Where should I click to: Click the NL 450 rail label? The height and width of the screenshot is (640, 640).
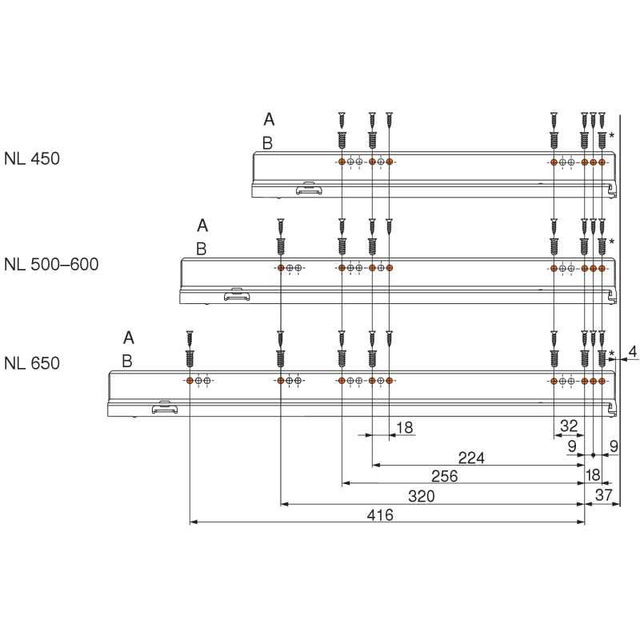point(32,158)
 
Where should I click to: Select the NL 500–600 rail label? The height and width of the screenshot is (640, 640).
point(51,264)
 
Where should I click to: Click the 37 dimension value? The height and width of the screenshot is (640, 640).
point(604,497)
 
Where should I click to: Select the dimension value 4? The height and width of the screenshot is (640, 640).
point(632,350)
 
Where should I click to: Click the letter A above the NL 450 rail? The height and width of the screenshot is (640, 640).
point(269,119)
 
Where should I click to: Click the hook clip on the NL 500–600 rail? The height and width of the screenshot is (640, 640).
point(236,295)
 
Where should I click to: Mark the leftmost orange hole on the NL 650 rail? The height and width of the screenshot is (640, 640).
point(190,381)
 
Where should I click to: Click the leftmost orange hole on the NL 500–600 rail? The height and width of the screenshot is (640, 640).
point(281,268)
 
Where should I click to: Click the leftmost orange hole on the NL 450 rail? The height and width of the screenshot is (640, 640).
point(342,162)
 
